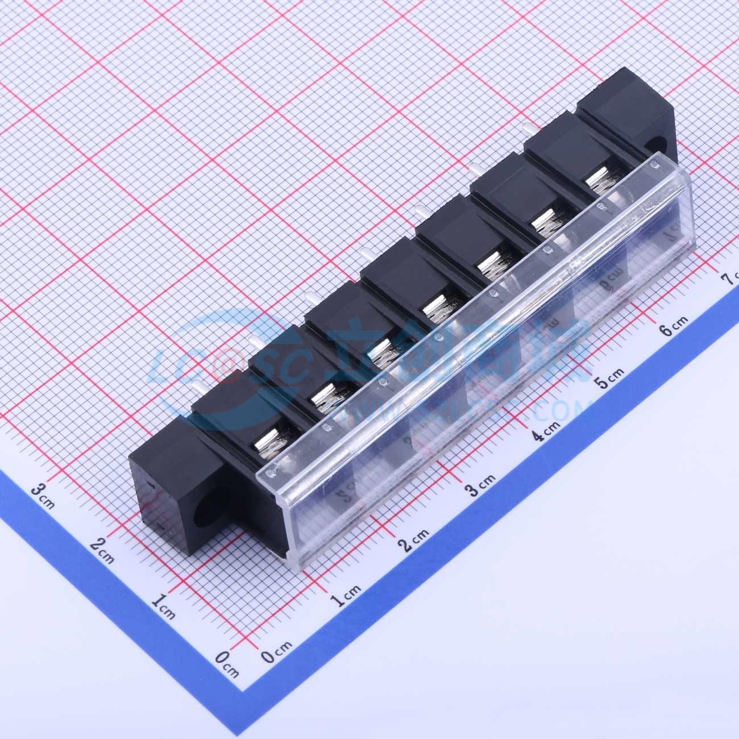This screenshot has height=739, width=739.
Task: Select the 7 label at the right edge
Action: coord(728,279)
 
